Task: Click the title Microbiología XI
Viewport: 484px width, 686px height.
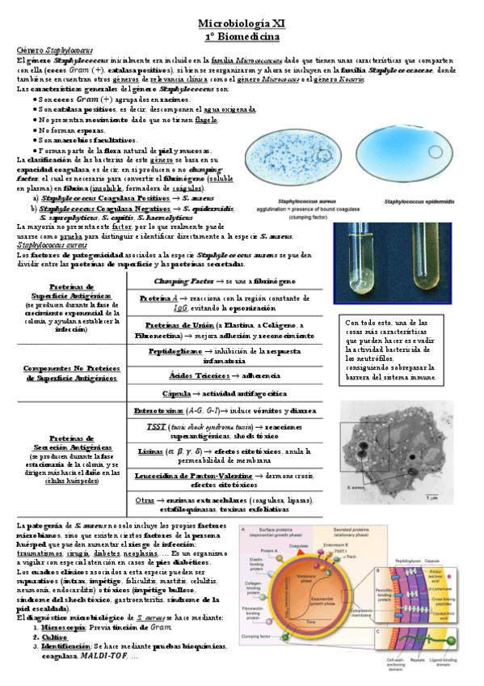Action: tap(242, 24)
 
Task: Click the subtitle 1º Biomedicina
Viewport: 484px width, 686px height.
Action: tap(242, 36)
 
